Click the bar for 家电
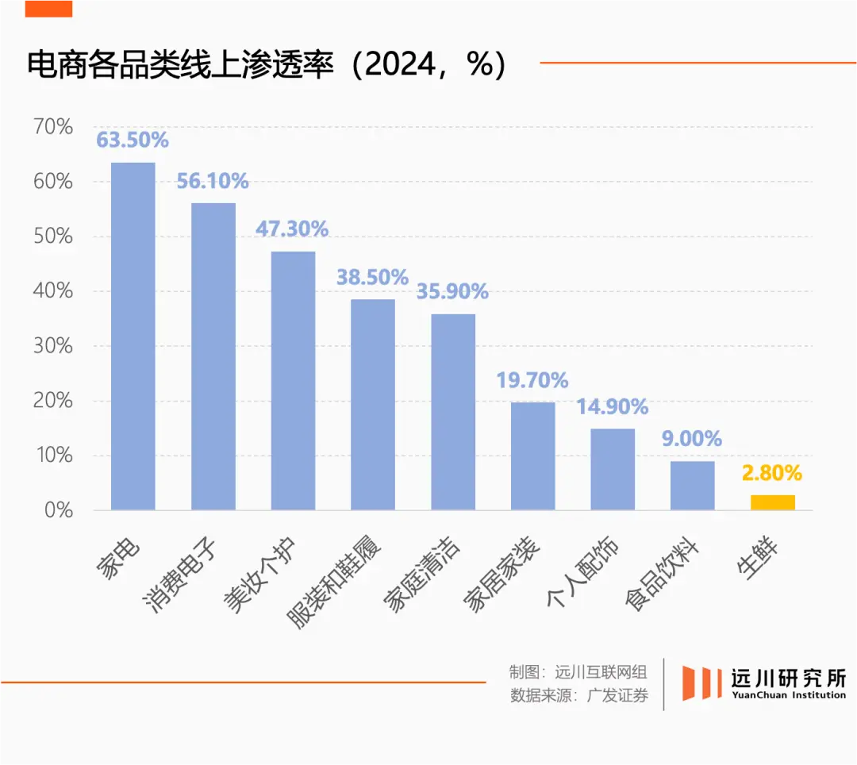click(133, 336)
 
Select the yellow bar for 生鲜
click(772, 502)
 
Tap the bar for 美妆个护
click(293, 380)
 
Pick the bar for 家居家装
click(532, 456)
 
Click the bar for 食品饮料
click(692, 485)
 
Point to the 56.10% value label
click(213, 182)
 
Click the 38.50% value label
click(372, 278)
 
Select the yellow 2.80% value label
click(772, 474)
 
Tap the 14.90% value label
click(612, 408)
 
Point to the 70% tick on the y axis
click(53, 127)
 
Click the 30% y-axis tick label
click(53, 346)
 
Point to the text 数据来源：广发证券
click(579, 696)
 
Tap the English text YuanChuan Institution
click(787, 695)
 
